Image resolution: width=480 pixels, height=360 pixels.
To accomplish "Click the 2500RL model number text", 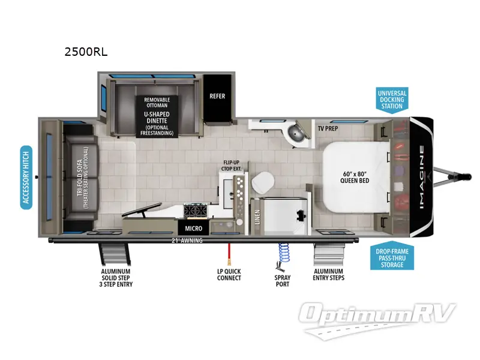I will click(86, 52).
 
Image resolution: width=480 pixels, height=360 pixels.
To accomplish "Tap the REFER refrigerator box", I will click(217, 95).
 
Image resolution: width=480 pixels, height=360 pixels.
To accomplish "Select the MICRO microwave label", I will click(193, 229).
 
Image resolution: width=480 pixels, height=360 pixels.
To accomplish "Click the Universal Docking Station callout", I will click(392, 100).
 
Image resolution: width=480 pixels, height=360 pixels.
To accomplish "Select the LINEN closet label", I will click(256, 217).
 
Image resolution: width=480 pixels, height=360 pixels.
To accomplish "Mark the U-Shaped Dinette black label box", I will click(157, 116).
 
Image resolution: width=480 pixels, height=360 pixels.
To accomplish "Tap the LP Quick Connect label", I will click(229, 275).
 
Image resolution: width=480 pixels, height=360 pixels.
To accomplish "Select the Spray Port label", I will click(282, 281).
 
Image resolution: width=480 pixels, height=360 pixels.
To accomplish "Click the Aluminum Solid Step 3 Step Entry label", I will click(116, 278).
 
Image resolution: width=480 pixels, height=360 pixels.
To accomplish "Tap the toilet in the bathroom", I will click(262, 182).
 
